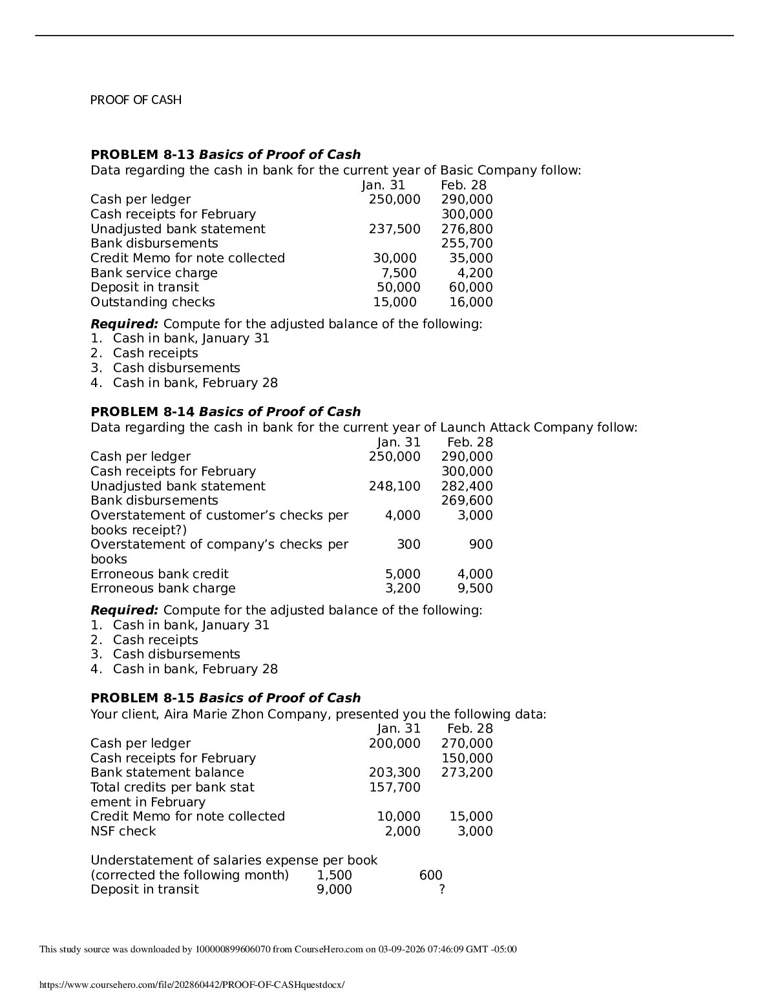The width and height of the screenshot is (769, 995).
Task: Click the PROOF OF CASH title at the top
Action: point(136,100)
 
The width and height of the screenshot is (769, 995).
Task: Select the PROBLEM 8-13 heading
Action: point(226,155)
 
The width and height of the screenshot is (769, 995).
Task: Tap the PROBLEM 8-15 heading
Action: point(226,698)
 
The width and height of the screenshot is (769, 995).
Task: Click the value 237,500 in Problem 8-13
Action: point(394,229)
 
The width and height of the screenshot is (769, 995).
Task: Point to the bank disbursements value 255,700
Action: point(467,244)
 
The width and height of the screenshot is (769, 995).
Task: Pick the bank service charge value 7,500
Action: point(399,273)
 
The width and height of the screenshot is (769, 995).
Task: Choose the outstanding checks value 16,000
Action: point(470,302)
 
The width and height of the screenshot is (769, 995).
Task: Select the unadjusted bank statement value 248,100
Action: point(394,487)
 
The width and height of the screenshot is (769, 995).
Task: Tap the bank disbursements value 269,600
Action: point(467,501)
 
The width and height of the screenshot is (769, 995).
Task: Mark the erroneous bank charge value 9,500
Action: point(474,589)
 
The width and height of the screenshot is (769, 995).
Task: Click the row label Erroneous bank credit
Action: point(159,574)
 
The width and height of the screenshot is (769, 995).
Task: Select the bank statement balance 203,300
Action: point(394,773)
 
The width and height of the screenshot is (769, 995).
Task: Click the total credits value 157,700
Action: point(394,788)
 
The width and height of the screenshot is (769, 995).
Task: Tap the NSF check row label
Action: point(123,832)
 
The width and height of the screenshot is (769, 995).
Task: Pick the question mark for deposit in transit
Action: point(442,890)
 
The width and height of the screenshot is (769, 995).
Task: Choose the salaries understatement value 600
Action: point(430,875)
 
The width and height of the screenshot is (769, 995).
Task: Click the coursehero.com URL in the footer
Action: point(192,985)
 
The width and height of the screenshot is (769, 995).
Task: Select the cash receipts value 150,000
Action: point(467,759)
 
